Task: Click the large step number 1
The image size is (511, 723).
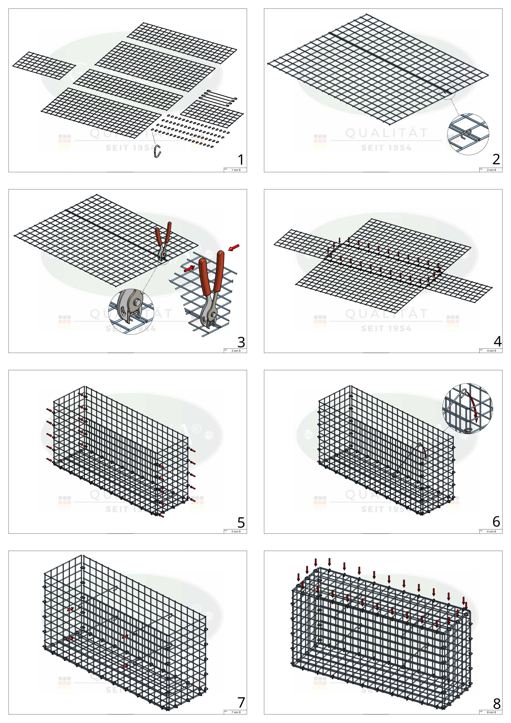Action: (241, 160)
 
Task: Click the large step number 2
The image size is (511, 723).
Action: (496, 160)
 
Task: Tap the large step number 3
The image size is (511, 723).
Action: (241, 342)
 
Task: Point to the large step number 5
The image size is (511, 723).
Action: (241, 523)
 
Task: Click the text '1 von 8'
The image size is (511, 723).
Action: (236, 170)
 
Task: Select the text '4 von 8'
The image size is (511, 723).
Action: (491, 351)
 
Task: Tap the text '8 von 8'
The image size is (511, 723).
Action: (491, 712)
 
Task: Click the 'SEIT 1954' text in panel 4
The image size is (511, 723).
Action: (386, 329)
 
